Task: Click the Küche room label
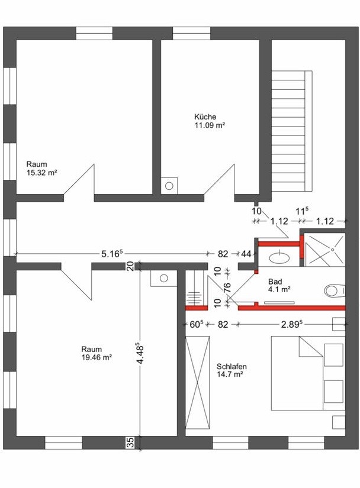tap(205, 117)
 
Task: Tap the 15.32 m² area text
tap(41, 173)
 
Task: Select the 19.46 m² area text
tap(97, 358)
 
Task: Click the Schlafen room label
tap(232, 366)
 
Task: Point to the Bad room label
tap(275, 282)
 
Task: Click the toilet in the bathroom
tap(335, 291)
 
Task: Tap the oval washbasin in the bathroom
tap(279, 257)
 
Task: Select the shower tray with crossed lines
tap(325, 250)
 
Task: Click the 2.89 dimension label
tap(292, 324)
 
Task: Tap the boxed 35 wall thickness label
tap(131, 442)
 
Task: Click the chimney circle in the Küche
tap(169, 186)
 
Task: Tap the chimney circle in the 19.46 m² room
tap(164, 278)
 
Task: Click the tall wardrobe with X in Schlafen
tap(197, 383)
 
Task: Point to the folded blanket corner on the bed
tap(310, 347)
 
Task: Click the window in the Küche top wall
tap(191, 33)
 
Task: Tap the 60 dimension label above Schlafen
tap(197, 324)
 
